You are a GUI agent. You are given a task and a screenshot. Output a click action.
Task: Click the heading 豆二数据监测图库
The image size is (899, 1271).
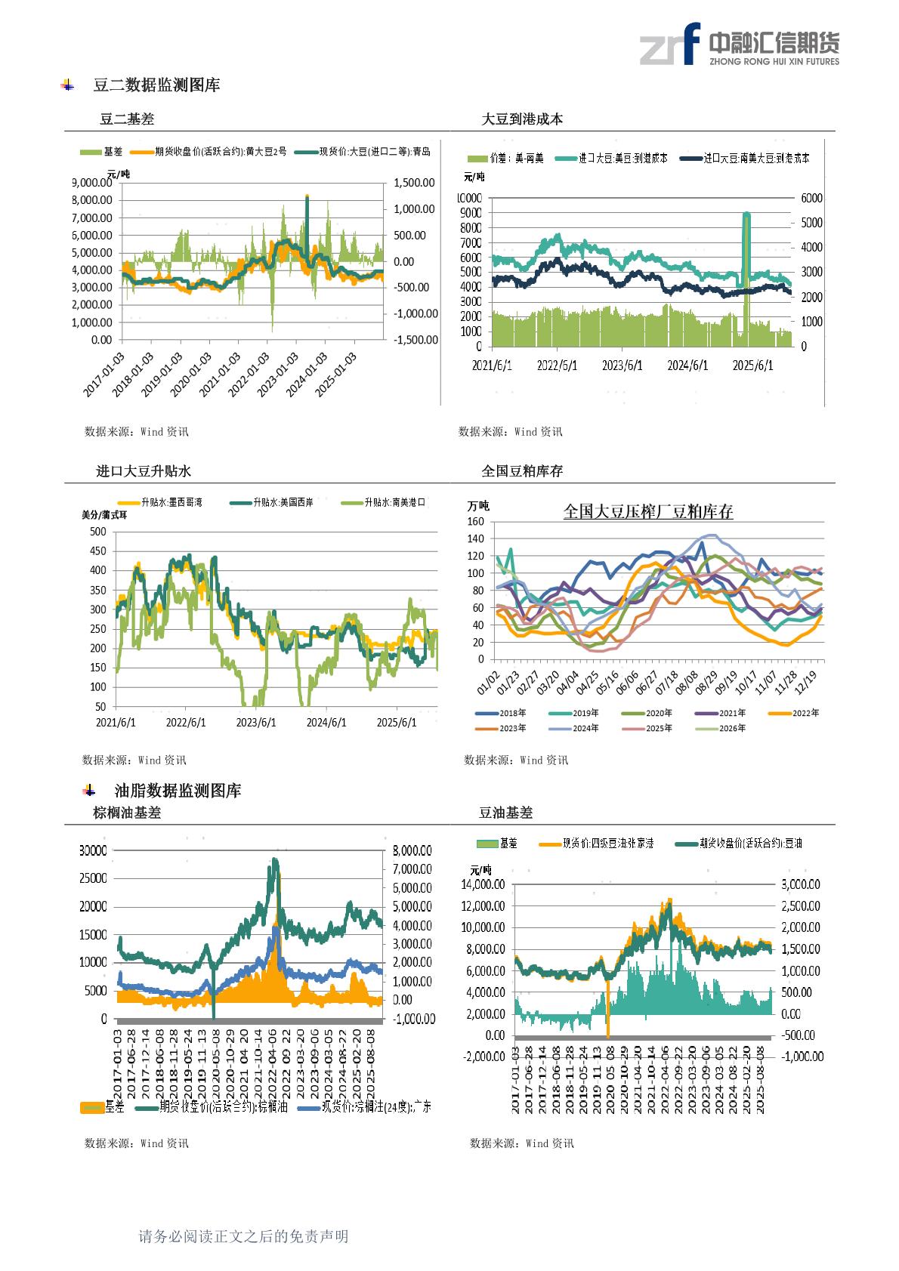(156, 85)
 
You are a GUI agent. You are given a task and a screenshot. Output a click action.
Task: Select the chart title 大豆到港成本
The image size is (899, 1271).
(522, 119)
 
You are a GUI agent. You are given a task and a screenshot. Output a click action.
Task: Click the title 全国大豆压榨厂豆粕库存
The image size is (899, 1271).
(648, 511)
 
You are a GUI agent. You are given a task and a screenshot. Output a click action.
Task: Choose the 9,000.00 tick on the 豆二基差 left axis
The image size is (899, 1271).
(92, 183)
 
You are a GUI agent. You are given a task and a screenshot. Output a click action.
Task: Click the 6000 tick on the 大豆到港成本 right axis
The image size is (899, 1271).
(811, 198)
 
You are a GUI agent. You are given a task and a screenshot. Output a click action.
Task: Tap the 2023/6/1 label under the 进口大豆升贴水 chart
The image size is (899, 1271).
(256, 723)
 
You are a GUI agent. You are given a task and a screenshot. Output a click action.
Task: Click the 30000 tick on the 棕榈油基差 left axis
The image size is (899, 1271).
(93, 850)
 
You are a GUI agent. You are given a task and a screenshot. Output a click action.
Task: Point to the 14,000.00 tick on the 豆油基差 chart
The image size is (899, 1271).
(483, 884)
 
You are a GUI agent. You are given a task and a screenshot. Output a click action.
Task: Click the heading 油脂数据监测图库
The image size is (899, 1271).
(178, 791)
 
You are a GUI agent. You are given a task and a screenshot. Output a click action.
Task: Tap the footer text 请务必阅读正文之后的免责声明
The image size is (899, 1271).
(243, 1236)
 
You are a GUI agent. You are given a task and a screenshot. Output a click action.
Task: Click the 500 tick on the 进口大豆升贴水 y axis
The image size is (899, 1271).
(98, 532)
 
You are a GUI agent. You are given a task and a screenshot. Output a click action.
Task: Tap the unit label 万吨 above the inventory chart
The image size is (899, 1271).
(478, 506)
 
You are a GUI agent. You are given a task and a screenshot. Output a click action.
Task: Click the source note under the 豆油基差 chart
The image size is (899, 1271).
(521, 1143)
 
